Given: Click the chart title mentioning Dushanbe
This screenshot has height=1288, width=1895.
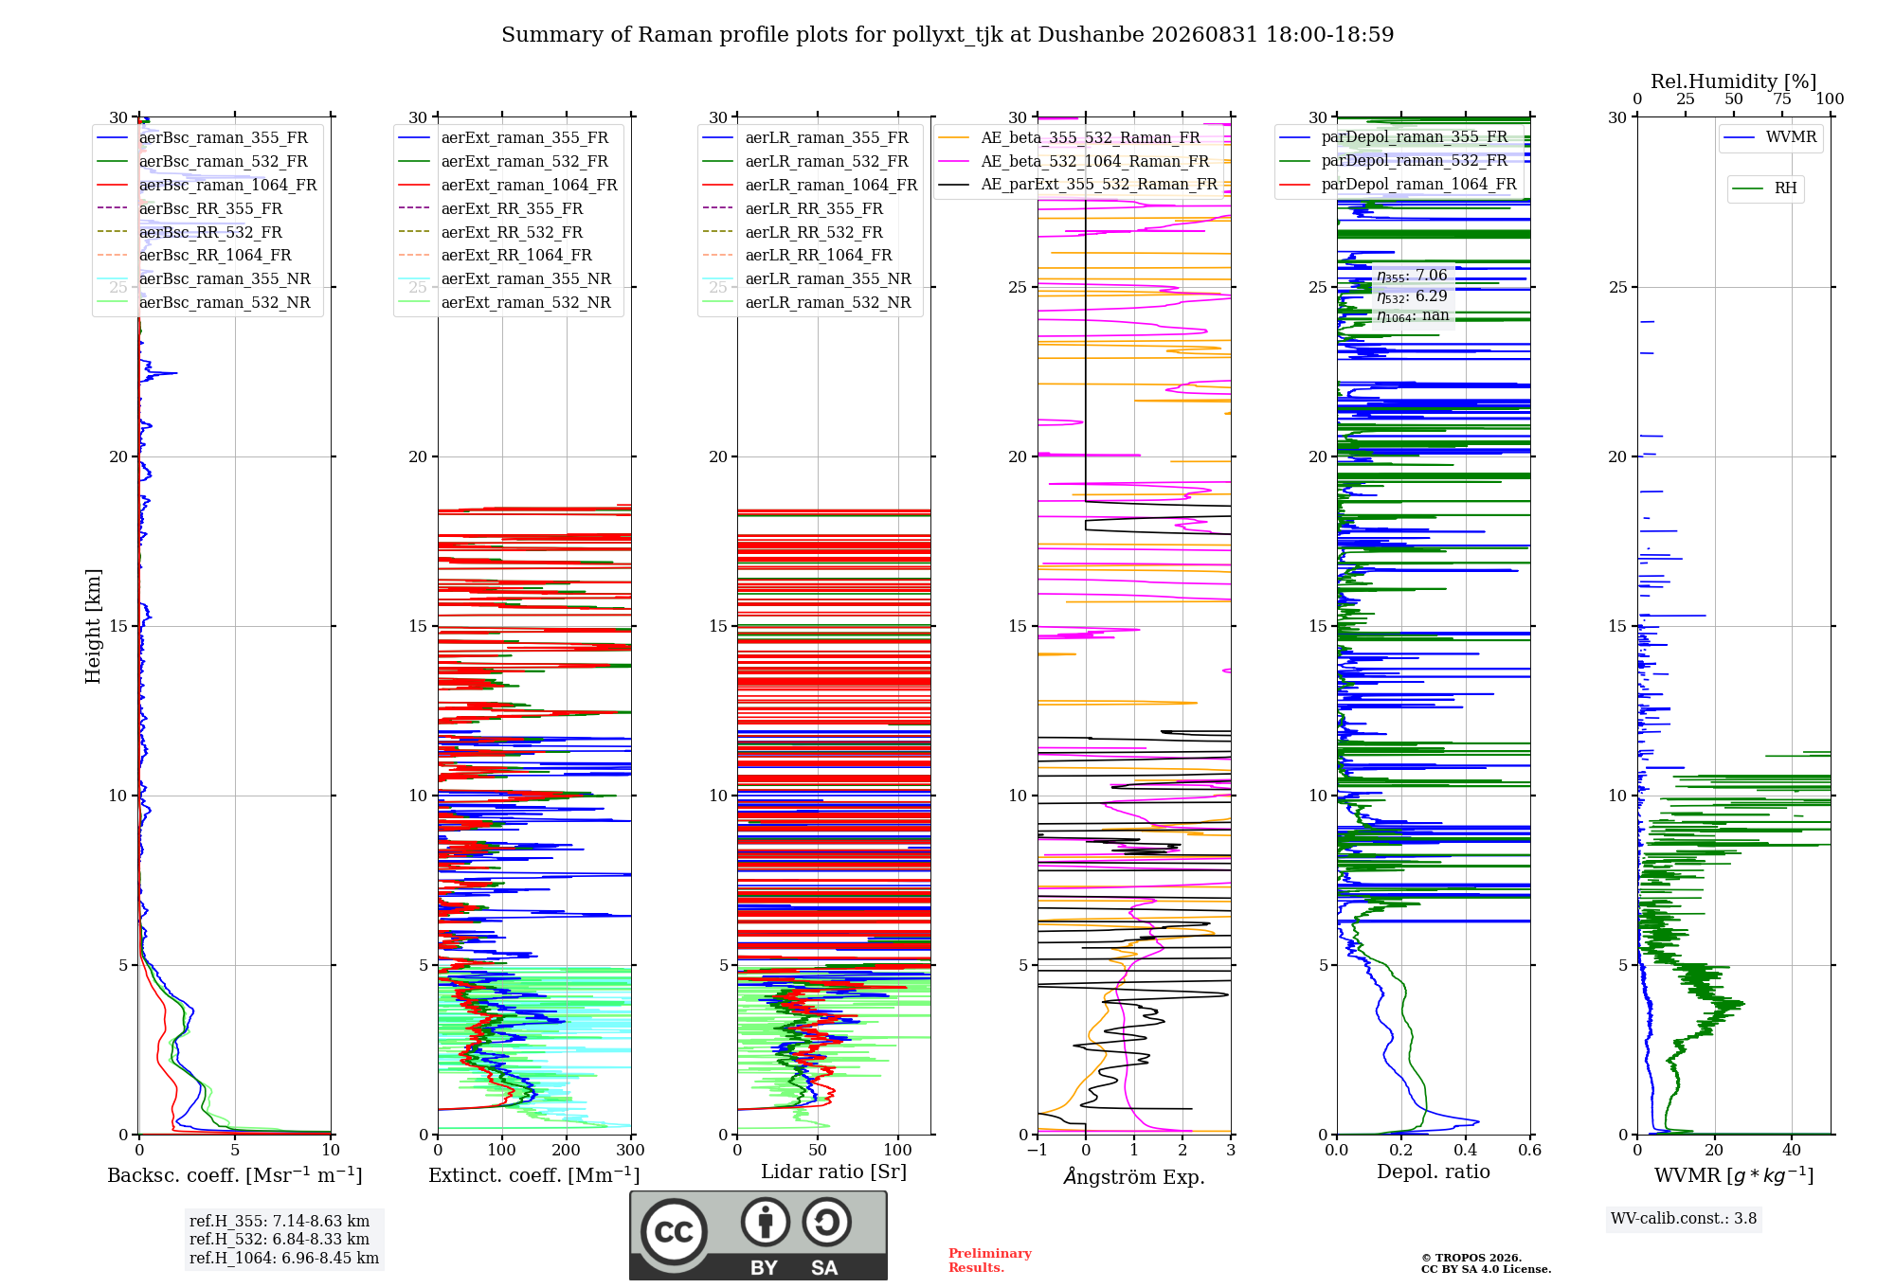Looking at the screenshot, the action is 947,35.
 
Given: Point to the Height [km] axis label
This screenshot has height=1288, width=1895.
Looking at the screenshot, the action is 93,626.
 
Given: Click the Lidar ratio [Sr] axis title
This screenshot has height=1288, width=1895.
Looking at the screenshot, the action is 834,1172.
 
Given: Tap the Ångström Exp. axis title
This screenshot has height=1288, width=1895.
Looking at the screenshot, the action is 1134,1176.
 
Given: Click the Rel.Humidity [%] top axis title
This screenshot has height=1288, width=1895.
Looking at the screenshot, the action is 1734,81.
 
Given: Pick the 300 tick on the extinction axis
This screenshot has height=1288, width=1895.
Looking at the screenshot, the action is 631,1150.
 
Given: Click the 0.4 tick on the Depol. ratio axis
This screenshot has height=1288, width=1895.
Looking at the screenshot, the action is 1466,1150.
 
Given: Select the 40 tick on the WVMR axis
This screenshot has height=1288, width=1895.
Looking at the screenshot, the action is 1792,1150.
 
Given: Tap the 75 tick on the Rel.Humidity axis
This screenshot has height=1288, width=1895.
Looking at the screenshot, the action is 1782,98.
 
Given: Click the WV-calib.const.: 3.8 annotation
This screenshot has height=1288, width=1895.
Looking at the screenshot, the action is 1684,1218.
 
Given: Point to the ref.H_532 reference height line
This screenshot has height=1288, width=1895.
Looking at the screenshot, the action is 280,1239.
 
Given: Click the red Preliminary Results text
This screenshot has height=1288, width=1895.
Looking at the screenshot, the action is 990,1261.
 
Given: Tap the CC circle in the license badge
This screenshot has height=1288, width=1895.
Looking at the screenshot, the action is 674,1231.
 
